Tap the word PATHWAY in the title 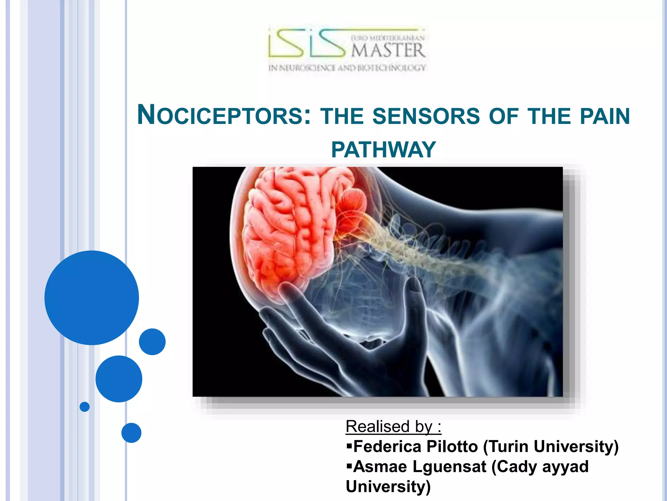pos(383,150)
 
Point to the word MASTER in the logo pos(388,51)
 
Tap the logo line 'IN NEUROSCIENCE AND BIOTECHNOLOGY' pos(347,68)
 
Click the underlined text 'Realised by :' pos(393,427)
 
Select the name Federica pos(387,447)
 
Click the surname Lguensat pos(449,467)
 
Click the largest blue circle pos(92,297)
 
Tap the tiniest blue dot pos(84,407)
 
